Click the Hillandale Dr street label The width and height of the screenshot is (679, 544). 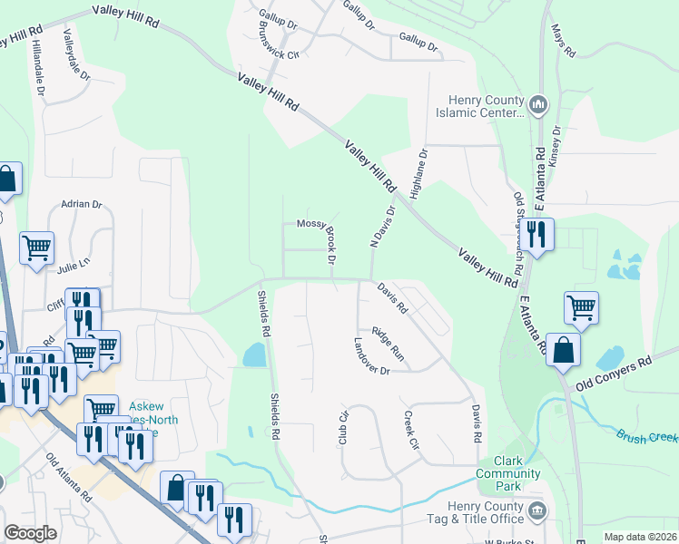tap(38, 67)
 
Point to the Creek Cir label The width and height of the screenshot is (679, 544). tap(410, 432)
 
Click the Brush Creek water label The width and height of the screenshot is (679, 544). tap(648, 437)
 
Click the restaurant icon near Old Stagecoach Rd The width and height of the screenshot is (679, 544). tap(537, 236)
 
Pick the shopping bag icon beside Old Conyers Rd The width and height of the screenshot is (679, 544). tap(564, 350)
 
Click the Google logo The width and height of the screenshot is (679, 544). tap(30, 533)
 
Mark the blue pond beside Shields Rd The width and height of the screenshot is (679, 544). tap(254, 355)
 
